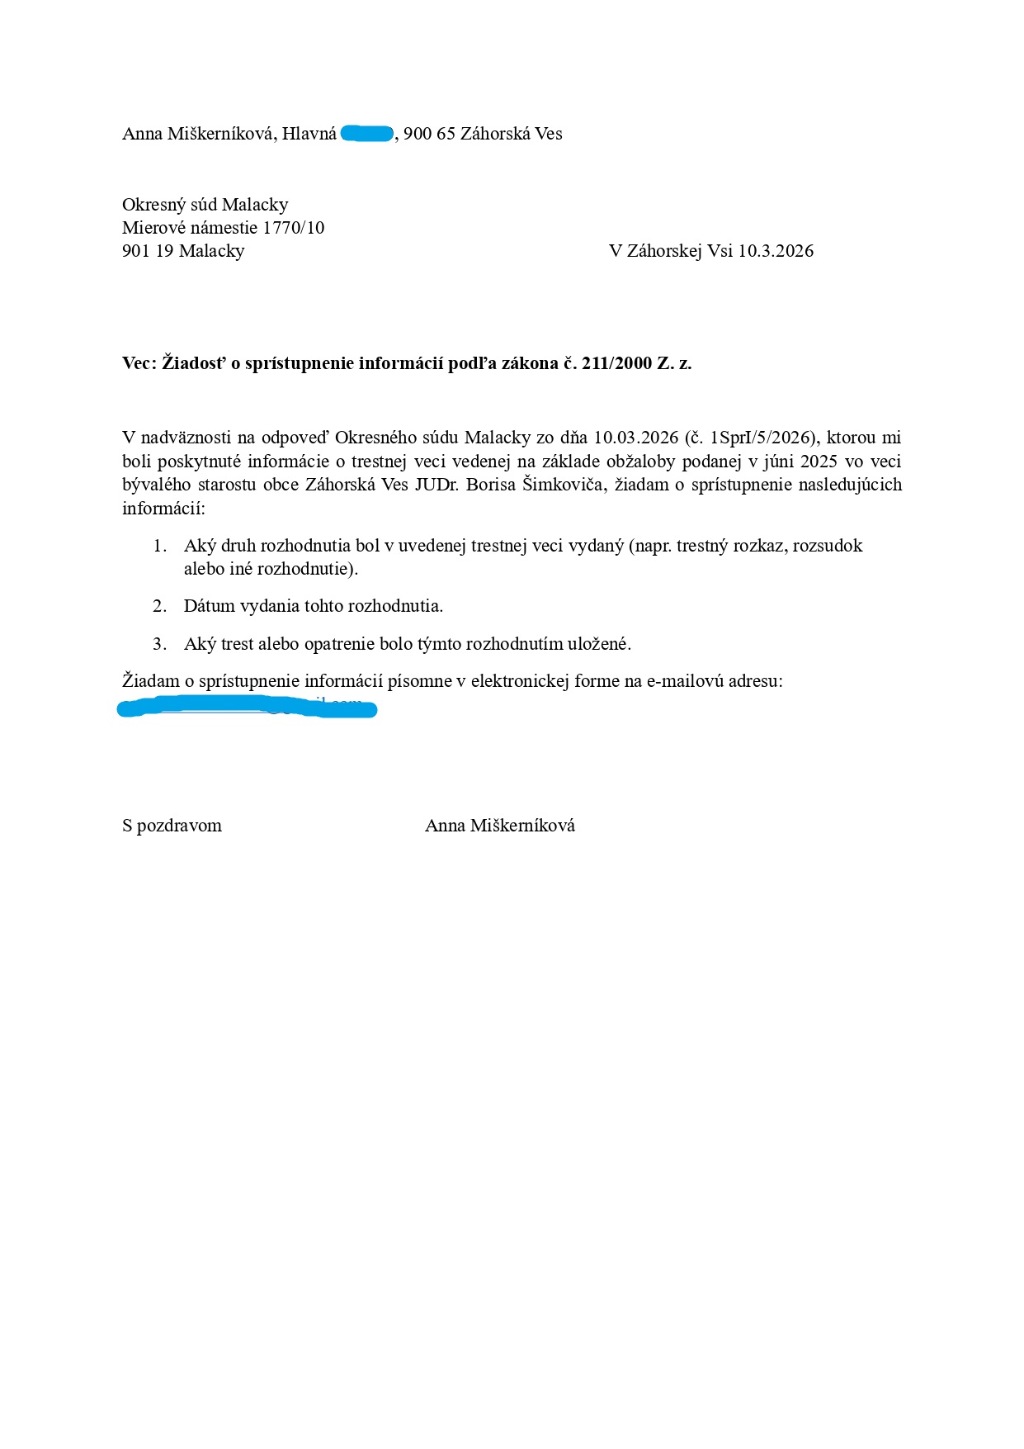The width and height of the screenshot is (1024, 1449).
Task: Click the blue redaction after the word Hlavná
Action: (367, 133)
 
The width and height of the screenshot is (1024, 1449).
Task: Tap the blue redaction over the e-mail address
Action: (247, 708)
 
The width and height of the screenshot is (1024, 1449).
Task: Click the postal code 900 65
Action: (429, 134)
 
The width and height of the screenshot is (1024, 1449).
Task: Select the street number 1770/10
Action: (294, 228)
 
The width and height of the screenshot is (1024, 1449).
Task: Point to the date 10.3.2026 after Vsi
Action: (776, 251)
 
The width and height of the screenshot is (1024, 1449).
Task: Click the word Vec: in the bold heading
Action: (139, 363)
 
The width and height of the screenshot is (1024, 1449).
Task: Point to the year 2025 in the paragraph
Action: (824, 461)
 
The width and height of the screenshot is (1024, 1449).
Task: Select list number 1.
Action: (160, 546)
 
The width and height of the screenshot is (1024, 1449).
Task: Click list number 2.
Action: (160, 606)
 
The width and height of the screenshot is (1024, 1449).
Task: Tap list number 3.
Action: (160, 644)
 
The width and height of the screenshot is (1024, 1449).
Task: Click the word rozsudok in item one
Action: (828, 546)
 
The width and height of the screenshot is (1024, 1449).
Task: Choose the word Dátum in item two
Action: (209, 606)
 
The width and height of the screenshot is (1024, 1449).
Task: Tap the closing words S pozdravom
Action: (172, 826)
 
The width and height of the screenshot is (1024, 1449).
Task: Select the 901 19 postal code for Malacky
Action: (148, 251)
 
